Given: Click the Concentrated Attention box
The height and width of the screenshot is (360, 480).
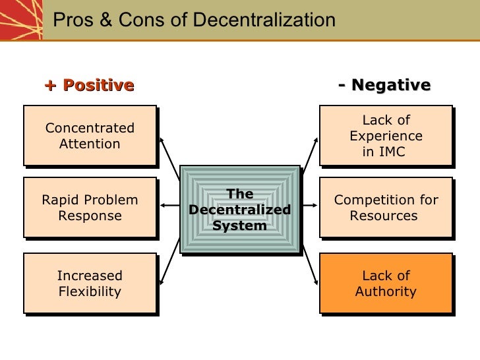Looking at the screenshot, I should pos(90,135).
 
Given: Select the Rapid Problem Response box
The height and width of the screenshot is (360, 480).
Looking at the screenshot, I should pos(90,208).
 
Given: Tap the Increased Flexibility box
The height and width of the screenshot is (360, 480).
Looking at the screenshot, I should pos(90,283).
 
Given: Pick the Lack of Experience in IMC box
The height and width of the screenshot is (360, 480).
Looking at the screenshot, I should pos(386,135).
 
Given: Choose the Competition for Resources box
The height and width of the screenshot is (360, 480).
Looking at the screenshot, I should pos(386,208).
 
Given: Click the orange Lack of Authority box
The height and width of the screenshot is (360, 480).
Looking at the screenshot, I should pos(386,283).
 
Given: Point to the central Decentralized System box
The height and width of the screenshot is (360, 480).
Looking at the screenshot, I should pos(239,210).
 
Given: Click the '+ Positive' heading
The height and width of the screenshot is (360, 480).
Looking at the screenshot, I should pos(90,85).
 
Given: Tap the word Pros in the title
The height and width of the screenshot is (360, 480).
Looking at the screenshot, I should pos(69,20).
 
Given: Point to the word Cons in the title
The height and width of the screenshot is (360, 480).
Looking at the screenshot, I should pos(128,20).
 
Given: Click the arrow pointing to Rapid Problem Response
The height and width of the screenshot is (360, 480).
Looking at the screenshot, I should pos(170,206).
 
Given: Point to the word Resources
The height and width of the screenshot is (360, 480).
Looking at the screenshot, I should pos(383,216).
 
